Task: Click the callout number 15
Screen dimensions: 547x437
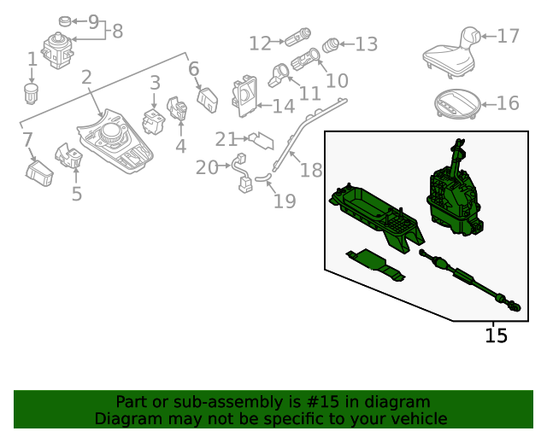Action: pos(496,335)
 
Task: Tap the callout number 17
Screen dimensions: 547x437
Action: pos(509,36)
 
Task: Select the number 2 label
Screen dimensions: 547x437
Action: pos(87,77)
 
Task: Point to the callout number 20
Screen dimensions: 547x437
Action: pos(207,167)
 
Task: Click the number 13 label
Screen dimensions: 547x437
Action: pos(367,44)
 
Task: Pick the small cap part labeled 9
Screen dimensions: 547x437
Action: pos(65,21)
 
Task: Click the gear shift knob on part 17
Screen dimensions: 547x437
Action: pos(471,37)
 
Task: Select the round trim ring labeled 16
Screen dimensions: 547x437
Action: pos(458,104)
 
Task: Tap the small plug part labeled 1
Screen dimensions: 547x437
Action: pos(32,93)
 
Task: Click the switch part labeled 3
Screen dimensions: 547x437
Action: pos(154,121)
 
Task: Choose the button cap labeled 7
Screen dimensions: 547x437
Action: pos(39,173)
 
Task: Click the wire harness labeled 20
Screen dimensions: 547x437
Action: pos(241,172)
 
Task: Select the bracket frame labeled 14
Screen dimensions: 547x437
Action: pos(244,96)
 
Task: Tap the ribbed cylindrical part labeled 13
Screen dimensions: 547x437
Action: pos(331,45)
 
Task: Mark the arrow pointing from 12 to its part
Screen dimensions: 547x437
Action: pos(277,42)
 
